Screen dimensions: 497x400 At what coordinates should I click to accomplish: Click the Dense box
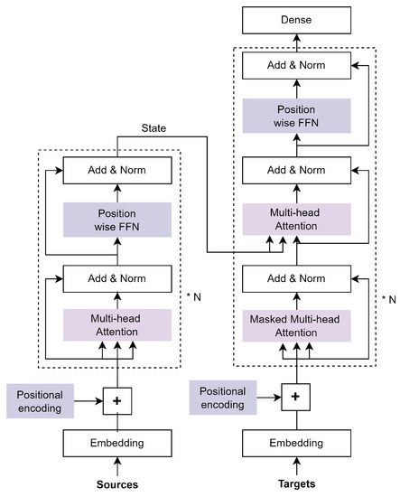pyautogui.click(x=298, y=19)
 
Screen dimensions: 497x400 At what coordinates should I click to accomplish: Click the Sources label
pyautogui.click(x=117, y=484)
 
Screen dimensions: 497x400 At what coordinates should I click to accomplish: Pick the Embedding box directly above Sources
pyautogui.click(x=117, y=445)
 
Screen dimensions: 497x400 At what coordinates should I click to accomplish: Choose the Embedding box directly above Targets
pyautogui.click(x=298, y=445)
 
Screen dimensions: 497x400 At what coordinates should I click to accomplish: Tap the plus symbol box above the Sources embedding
pyautogui.click(x=117, y=397)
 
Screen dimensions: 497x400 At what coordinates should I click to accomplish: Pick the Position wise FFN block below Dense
pyautogui.click(x=298, y=119)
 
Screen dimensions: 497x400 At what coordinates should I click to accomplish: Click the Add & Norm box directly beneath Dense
pyautogui.click(x=298, y=66)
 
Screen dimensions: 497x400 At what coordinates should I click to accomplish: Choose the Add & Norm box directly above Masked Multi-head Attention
pyautogui.click(x=298, y=278)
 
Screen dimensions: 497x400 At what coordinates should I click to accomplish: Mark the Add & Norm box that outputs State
pyautogui.click(x=117, y=170)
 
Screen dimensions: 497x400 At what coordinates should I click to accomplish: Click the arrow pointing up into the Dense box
pyautogui.click(x=298, y=42)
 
